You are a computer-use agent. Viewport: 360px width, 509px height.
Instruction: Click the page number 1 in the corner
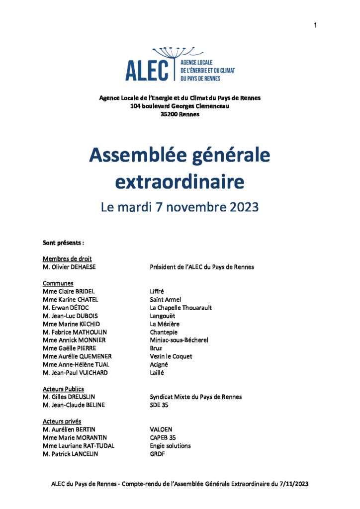[x=315, y=26]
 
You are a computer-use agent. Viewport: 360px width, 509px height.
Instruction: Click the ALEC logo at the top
[x=180, y=65]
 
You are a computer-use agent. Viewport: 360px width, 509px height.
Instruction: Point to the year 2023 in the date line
[x=244, y=207]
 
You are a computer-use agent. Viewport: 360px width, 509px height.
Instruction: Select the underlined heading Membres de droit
[x=67, y=259]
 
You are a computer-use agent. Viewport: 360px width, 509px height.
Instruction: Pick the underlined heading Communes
[x=58, y=283]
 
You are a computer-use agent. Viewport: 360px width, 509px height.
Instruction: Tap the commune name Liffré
[x=157, y=291]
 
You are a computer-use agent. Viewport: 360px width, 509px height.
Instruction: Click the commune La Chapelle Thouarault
[x=181, y=308]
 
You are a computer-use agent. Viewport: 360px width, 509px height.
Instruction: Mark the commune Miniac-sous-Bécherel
[x=179, y=340]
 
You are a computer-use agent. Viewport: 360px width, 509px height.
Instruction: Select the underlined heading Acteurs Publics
[x=63, y=389]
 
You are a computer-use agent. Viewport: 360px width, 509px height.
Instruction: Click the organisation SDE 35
[x=160, y=405]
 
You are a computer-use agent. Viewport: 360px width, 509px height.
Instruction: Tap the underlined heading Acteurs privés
[x=62, y=421]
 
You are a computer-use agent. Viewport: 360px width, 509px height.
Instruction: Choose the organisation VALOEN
[x=161, y=429]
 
